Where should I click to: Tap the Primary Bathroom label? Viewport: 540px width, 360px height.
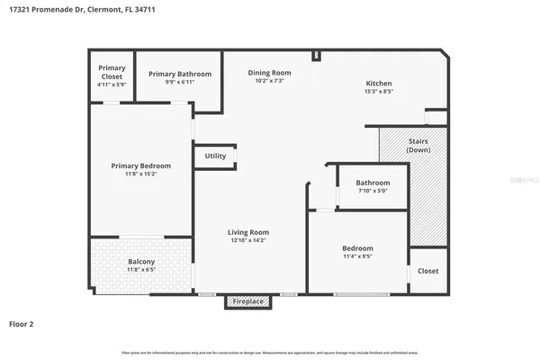click(x=180, y=74)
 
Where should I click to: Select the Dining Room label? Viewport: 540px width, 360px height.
click(x=270, y=73)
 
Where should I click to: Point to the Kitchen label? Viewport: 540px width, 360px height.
click(x=378, y=84)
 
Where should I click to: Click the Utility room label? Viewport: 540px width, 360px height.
click(x=215, y=156)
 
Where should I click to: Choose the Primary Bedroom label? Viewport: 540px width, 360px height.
click(x=140, y=166)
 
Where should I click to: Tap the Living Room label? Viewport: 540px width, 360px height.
click(x=248, y=232)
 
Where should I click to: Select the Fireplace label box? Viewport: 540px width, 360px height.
click(x=248, y=301)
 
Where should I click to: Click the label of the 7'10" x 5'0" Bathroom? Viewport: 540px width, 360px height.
click(x=373, y=183)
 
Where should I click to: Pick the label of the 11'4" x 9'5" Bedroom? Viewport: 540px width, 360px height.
click(x=357, y=248)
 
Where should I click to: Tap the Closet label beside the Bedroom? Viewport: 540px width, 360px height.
click(x=428, y=271)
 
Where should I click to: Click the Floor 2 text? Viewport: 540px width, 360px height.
click(x=23, y=323)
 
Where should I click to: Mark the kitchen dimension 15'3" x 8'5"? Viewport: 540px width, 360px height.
click(x=378, y=92)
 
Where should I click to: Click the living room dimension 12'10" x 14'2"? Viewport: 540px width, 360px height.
click(x=248, y=241)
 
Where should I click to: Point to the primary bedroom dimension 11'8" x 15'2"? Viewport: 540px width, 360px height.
click(x=140, y=174)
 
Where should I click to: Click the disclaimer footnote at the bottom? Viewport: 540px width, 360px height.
click(x=270, y=352)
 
